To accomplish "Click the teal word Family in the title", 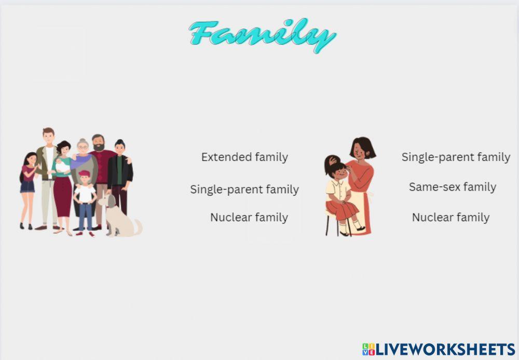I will (262, 35).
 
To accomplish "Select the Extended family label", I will (244, 157).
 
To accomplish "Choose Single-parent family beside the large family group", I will (244, 190).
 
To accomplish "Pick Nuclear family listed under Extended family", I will (249, 217).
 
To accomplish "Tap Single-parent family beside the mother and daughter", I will (456, 157).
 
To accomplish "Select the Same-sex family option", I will (453, 187).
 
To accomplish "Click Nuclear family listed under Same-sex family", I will (450, 217).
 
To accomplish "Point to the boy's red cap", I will (84, 174).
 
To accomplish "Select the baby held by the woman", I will (62, 166).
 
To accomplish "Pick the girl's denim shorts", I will (28, 186).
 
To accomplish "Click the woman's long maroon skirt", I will (63, 196).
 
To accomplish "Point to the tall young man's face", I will (48, 138).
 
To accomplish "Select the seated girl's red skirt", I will (343, 210).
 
